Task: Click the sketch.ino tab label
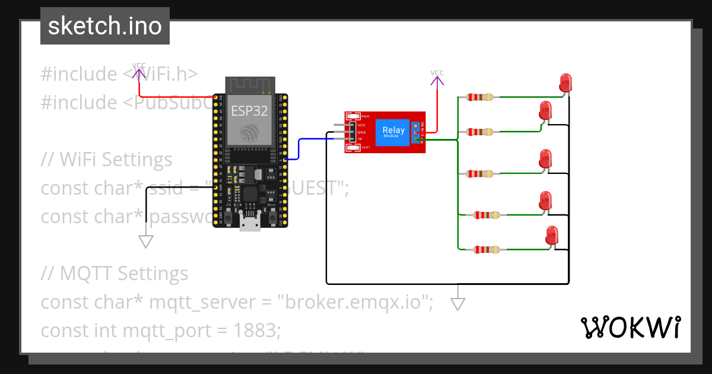coord(104,26)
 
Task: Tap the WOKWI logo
coord(630,327)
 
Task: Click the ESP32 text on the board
coord(250,110)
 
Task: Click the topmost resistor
coord(479,97)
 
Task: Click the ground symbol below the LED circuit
coord(457,303)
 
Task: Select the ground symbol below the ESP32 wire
coord(146,241)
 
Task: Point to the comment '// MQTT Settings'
coord(115,273)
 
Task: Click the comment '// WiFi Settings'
coord(107,160)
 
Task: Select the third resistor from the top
coord(479,173)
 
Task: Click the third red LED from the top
coord(545,159)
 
